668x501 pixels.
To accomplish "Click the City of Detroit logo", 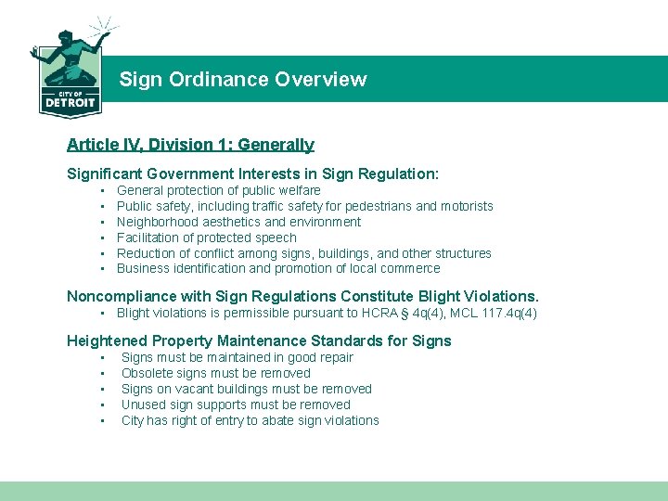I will tap(70, 70).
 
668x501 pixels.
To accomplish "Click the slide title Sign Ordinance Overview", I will tap(242, 80).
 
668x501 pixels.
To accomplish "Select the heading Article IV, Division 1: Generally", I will tap(190, 145).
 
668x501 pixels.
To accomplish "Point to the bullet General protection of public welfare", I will tap(218, 190).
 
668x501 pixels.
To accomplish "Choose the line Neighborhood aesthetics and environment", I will tap(238, 222).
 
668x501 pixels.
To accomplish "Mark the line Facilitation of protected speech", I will tap(206, 238).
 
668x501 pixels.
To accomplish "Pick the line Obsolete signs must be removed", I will tap(215, 373).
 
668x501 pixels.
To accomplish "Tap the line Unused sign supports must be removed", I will tap(236, 405).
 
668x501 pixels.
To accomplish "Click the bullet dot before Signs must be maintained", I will tap(101, 357).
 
